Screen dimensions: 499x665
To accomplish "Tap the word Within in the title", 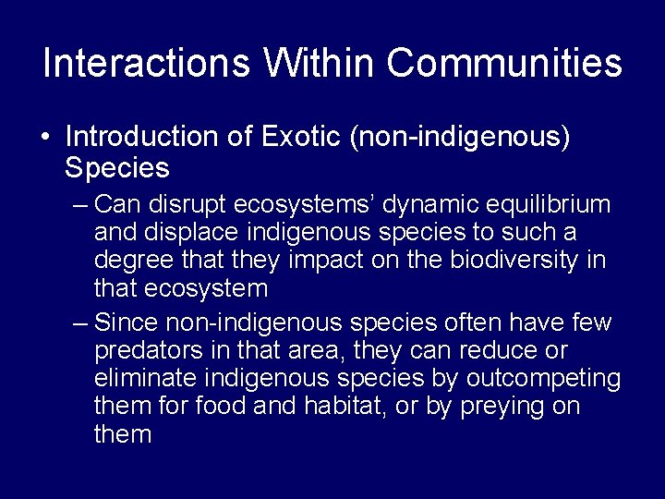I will pos(318,63).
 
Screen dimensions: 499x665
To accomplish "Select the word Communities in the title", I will pos(504,63).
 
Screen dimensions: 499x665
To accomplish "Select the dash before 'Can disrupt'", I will pos(79,203).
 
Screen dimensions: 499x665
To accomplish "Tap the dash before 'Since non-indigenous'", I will pos(79,323).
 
